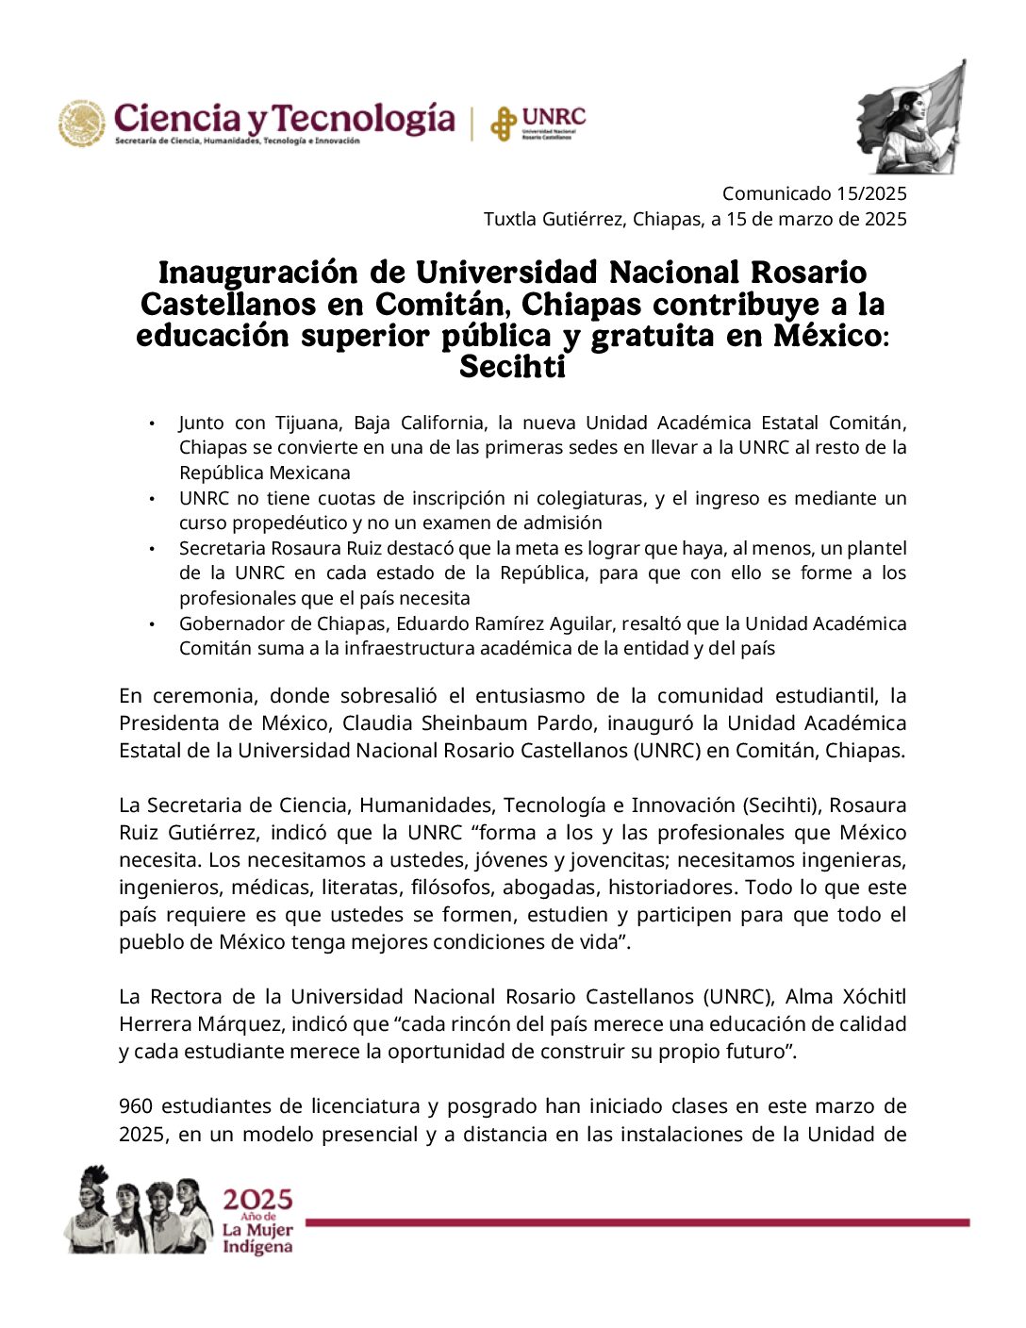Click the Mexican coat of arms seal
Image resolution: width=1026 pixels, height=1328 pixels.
click(82, 124)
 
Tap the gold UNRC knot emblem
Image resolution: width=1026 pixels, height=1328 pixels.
click(504, 124)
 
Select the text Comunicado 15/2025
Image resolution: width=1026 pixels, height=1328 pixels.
click(814, 193)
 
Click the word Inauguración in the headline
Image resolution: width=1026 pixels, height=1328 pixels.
click(258, 273)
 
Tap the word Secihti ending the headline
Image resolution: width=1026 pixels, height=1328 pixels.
click(512, 366)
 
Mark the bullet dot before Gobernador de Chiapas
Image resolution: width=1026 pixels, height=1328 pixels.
click(152, 623)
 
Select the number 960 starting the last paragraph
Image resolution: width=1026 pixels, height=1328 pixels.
click(136, 1105)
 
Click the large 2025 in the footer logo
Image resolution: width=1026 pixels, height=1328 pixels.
click(257, 1200)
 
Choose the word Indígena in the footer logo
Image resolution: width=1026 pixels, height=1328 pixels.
click(257, 1247)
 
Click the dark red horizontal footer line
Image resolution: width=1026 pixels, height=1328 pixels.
click(637, 1222)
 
